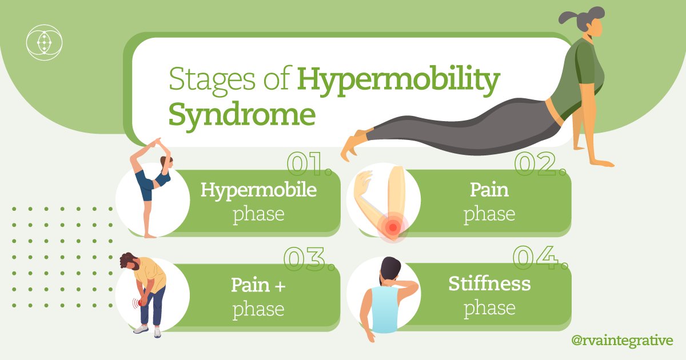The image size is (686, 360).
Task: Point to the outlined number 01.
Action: [309, 165]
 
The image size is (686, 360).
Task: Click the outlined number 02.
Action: [540, 164]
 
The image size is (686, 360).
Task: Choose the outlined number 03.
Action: [309, 259]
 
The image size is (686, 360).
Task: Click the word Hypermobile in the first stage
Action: [258, 190]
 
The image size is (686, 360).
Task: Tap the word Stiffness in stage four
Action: [489, 283]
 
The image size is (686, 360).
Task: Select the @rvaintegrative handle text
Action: [622, 340]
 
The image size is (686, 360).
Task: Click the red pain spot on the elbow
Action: [392, 227]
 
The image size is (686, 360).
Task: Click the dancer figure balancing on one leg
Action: [150, 183]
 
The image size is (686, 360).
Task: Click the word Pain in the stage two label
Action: [489, 190]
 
